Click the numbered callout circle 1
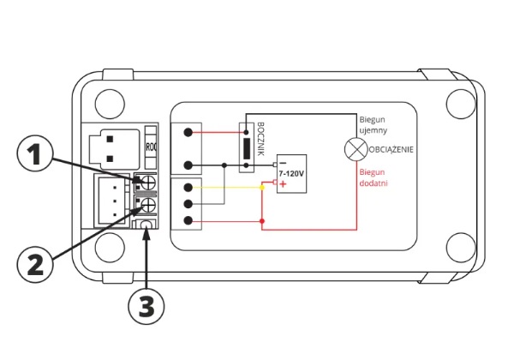[x=34, y=154]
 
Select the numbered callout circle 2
[x=35, y=264]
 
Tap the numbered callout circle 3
[x=146, y=307]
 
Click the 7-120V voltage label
[x=291, y=174]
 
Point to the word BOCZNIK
[x=260, y=139]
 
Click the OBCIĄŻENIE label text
[x=391, y=150]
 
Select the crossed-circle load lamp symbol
[x=356, y=149]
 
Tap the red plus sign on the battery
[x=284, y=184]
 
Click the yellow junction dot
[x=262, y=188]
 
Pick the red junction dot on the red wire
[x=262, y=221]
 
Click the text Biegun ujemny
[x=374, y=125]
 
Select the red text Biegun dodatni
[x=374, y=177]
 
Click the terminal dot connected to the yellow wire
[x=188, y=188]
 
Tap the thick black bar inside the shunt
[x=247, y=148]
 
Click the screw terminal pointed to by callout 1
[x=148, y=183]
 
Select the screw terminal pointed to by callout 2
[x=148, y=205]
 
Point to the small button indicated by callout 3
[x=146, y=225]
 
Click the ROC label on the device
[x=151, y=147]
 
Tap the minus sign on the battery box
[x=283, y=163]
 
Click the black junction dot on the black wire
[x=224, y=165]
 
